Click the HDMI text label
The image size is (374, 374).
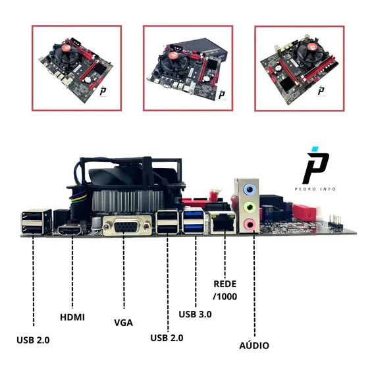click(72, 317)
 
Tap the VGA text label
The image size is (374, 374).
click(123, 323)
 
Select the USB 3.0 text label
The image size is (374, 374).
click(195, 314)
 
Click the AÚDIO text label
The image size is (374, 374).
click(254, 345)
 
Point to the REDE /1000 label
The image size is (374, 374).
click(225, 290)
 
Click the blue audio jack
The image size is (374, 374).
click(249, 190)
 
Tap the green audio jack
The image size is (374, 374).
click(249, 207)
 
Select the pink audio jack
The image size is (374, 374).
click(249, 225)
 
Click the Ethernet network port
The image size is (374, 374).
click(223, 223)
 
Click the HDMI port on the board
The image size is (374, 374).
click(69, 230)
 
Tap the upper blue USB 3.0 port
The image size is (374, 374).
click(194, 214)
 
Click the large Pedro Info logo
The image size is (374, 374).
click(315, 165)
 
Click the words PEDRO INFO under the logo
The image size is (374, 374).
click(315, 189)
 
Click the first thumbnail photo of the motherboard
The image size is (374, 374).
click(76, 68)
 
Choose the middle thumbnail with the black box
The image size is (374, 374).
click(188, 68)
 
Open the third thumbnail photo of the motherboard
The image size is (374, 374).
click(300, 68)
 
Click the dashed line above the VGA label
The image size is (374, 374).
click(124, 271)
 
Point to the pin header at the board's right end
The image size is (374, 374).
click(335, 222)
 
